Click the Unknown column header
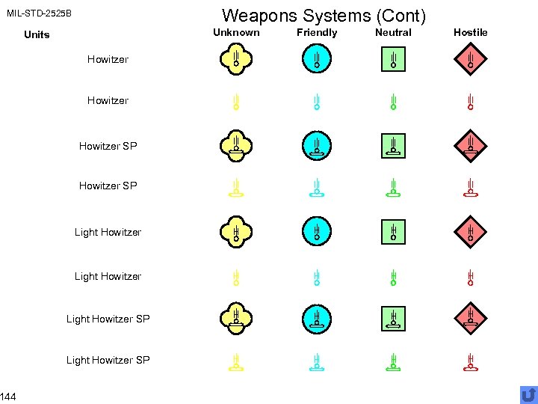[236, 32]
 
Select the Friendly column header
[317, 32]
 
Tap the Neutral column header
[393, 32]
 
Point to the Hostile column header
[470, 32]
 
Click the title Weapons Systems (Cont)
[324, 15]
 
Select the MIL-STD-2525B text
[39, 13]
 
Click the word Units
[37, 34]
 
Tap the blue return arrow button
[528, 394]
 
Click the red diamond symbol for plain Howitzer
[470, 58]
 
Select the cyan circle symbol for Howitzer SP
[317, 145]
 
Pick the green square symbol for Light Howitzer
[393, 231]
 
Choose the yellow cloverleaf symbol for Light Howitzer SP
[235, 318]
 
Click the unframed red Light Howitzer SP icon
[470, 362]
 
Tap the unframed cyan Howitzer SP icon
[317, 188]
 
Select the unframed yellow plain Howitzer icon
[235, 102]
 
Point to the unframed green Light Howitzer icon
[393, 278]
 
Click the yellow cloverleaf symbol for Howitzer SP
[235, 145]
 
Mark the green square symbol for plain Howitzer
[393, 58]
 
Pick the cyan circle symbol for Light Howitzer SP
[317, 318]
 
